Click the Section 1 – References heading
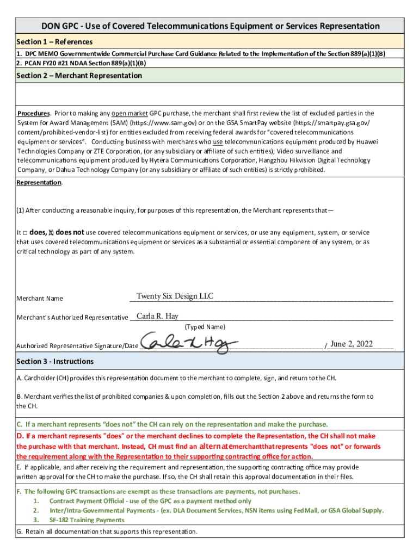tap(54, 42)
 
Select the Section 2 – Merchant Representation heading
tap(79, 76)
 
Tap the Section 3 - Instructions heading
tap(55, 361)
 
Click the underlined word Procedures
tap(33, 114)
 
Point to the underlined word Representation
tap(39, 183)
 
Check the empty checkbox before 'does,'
tap(25, 233)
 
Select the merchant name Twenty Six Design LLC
tap(175, 296)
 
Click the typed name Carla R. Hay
tap(157, 317)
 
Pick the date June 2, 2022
tap(352, 344)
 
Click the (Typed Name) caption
tap(205, 327)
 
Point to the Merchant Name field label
tap(40, 299)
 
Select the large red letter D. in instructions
tap(20, 436)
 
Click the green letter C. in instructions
tap(20, 424)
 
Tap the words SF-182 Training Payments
tap(87, 520)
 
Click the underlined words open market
tap(130, 114)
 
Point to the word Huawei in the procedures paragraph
tap(367, 141)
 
